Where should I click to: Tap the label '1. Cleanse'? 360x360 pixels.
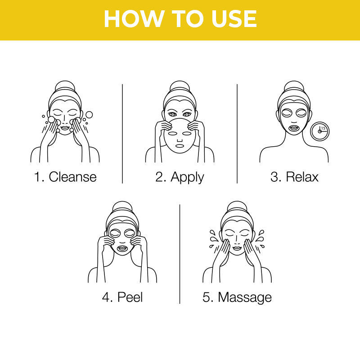tap(65, 176)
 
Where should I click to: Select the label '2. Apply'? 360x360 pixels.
tap(180, 176)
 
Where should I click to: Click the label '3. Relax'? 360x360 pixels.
tap(294, 176)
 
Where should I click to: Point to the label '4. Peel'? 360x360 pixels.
tap(122, 297)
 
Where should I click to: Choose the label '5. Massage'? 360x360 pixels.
tap(237, 297)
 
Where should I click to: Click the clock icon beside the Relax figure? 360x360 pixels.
tap(320, 131)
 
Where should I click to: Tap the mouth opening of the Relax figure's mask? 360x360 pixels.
tap(294, 127)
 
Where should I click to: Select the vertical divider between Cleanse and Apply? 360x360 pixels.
tap(122, 134)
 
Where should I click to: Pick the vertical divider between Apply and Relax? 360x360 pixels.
tap(237, 134)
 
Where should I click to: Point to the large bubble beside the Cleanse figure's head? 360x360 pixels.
tap(89, 115)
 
